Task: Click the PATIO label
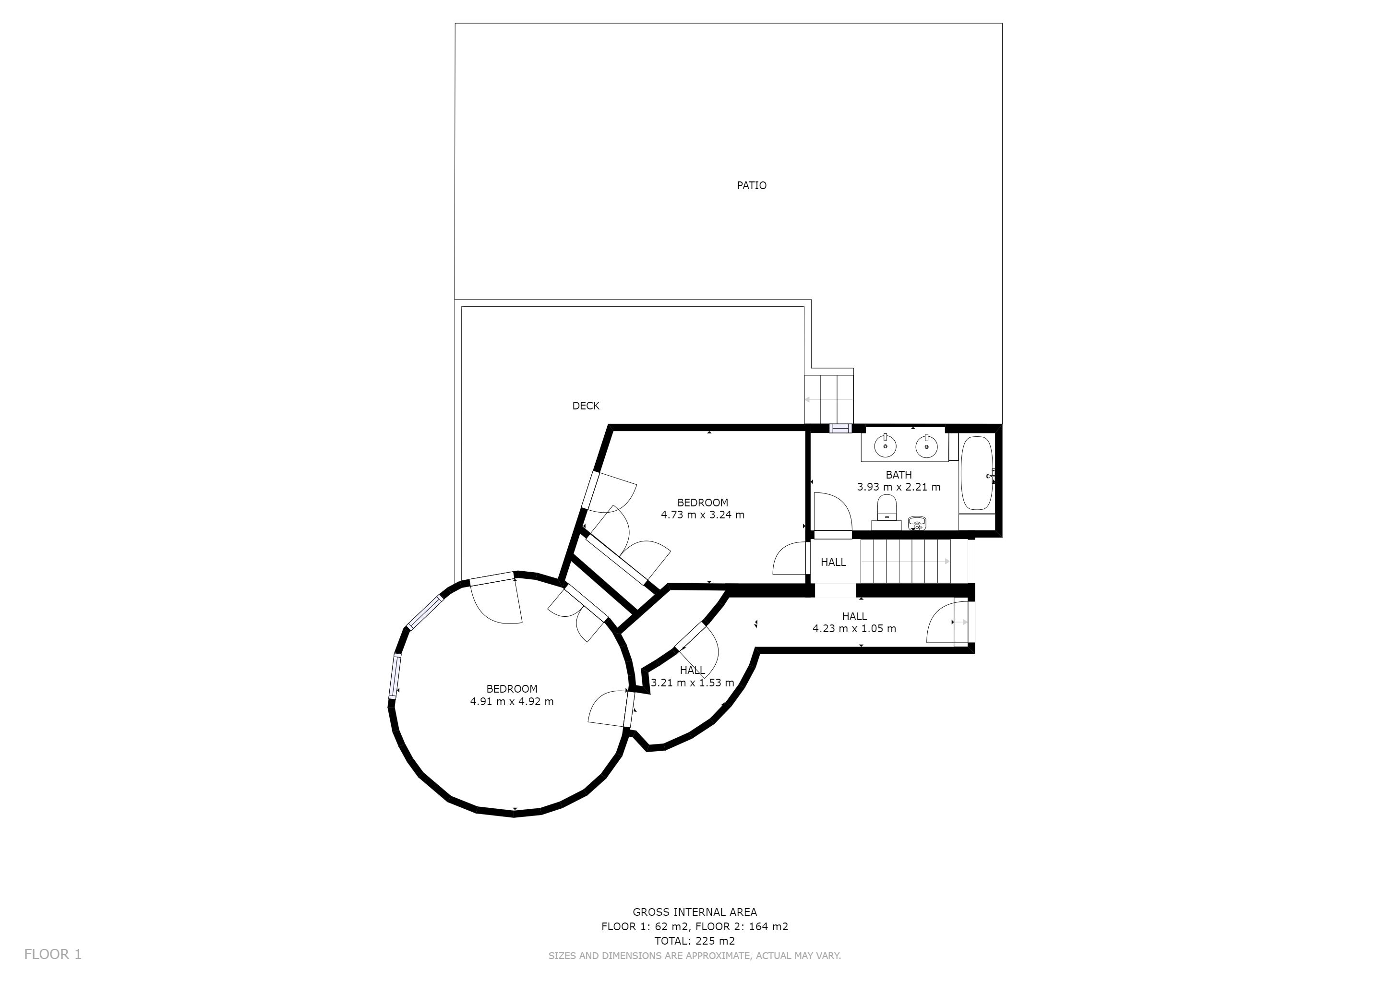point(751,185)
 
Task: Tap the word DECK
point(586,406)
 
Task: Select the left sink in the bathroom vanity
point(885,446)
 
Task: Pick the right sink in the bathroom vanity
point(926,446)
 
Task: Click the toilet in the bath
point(887,507)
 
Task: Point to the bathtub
point(977,473)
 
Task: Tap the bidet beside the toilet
point(917,523)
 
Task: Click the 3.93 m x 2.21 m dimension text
point(899,487)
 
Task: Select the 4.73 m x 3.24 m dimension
point(702,515)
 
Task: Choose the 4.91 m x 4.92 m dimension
point(512,702)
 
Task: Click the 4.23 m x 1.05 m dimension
point(854,628)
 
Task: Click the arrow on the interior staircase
point(906,562)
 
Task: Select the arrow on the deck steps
point(828,399)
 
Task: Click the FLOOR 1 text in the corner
point(53,955)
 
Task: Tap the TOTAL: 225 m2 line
point(695,941)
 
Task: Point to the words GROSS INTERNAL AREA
point(695,911)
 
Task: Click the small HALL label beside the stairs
point(833,563)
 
